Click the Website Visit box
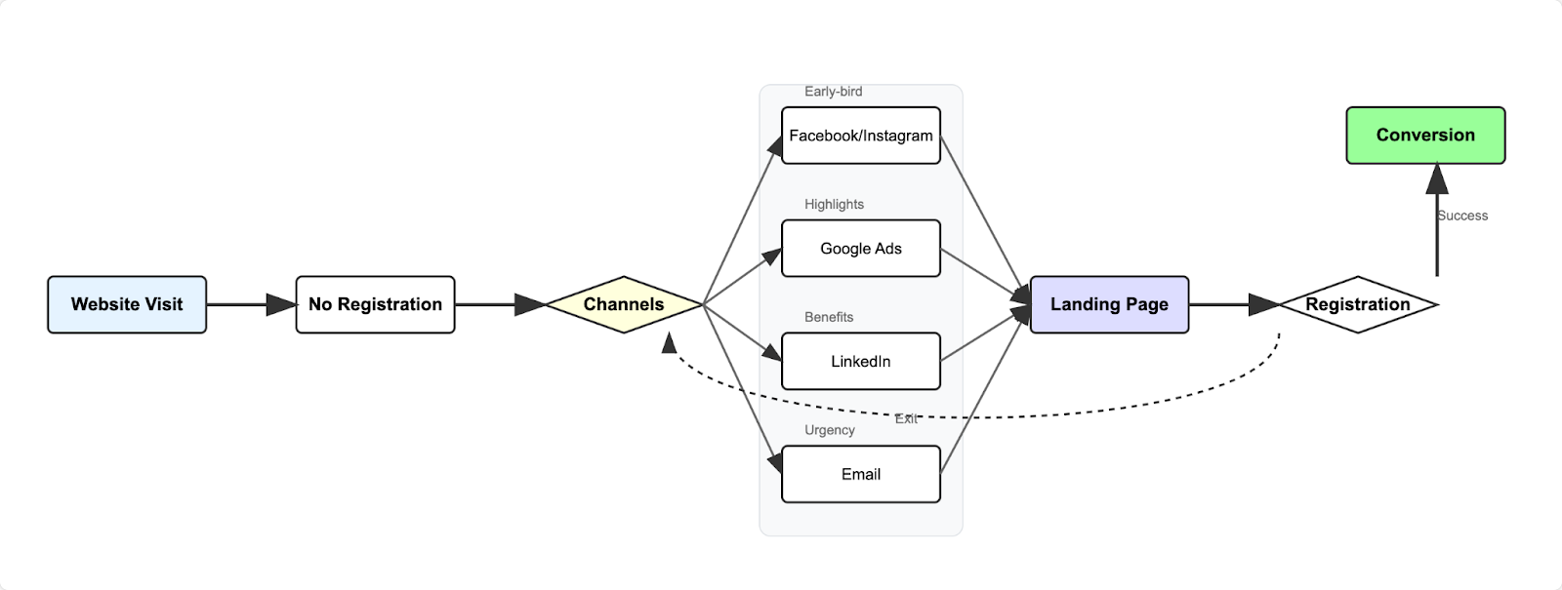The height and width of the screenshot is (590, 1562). (x=127, y=304)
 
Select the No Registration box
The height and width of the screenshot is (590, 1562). (x=375, y=304)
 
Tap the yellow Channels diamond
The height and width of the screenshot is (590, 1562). (x=624, y=304)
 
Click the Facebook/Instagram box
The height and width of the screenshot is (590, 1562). (x=860, y=136)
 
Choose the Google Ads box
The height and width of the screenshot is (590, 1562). (x=860, y=249)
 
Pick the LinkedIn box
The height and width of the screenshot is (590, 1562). (x=860, y=361)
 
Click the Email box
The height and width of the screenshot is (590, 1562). (x=860, y=474)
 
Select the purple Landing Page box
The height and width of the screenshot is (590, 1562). (x=1109, y=304)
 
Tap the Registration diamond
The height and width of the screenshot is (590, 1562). (x=1357, y=304)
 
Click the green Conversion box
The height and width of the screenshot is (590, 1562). (x=1425, y=136)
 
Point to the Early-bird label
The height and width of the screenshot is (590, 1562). (x=833, y=92)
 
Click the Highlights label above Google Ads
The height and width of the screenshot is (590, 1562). (x=834, y=204)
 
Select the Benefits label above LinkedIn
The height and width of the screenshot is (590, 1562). (x=829, y=317)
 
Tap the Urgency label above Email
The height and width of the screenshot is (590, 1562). (x=830, y=430)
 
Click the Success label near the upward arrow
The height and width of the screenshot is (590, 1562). (x=1462, y=216)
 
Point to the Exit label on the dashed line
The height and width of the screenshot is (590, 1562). (x=906, y=418)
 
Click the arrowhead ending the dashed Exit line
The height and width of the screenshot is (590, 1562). (x=669, y=341)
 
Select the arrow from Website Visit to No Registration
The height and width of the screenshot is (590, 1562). (x=251, y=304)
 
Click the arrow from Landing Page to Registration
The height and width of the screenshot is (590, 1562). (x=1233, y=304)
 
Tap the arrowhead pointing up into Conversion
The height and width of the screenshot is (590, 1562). (x=1437, y=178)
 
